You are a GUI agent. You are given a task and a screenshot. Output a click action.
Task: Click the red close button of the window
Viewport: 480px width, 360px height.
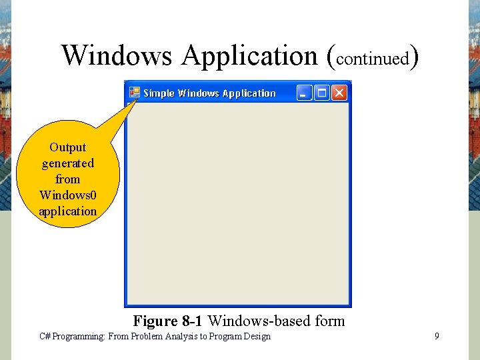tap(339, 93)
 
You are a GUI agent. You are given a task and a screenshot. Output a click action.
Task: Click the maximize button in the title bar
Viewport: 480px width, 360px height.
tap(322, 93)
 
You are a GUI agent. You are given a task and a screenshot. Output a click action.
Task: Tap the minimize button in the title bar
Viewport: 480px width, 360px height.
tap(304, 93)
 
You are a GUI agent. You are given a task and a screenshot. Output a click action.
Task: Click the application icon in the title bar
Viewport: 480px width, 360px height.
tap(134, 93)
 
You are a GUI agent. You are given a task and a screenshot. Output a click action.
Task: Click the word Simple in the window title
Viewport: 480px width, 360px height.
tap(159, 93)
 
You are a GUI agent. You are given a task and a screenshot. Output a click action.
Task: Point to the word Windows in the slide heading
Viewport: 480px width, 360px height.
tap(117, 55)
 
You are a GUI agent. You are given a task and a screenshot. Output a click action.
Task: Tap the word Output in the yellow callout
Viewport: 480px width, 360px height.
tap(68, 147)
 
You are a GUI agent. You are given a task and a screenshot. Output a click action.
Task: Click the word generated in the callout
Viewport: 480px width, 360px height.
tap(68, 163)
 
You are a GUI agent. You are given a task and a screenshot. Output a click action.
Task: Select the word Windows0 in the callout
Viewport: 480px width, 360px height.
tap(68, 195)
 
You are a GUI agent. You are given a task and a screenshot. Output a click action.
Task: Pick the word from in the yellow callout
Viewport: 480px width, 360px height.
tap(68, 179)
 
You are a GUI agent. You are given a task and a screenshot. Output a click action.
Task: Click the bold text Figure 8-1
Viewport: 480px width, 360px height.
tap(168, 321)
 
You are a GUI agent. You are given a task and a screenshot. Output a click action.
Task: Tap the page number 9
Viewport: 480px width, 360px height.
tap(437, 336)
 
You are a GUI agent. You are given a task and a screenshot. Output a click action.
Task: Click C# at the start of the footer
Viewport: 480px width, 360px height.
tap(45, 337)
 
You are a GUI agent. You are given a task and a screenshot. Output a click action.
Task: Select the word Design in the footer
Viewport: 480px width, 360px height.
tap(257, 337)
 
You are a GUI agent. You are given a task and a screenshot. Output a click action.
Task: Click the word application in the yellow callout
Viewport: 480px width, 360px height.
tap(68, 211)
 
